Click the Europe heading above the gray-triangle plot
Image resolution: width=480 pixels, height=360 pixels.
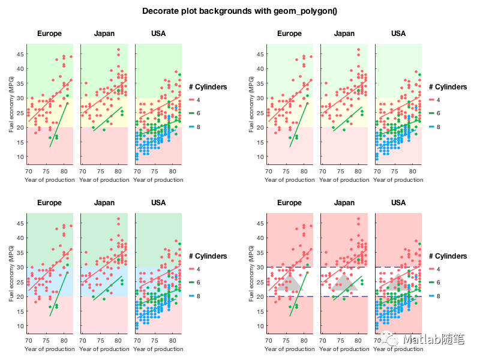pos(289,202)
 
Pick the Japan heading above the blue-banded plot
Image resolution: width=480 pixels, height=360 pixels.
pos(104,202)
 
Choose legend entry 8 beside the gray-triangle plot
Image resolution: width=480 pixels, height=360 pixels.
pos(439,296)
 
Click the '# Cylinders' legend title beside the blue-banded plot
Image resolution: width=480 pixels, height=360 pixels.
pos(208,256)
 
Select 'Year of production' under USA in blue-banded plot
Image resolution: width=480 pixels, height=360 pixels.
pos(158,349)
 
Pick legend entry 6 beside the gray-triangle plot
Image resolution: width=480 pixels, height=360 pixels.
pos(439,282)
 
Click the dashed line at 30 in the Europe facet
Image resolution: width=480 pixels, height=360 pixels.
pos(281,267)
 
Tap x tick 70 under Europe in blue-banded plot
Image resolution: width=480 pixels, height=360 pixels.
pos(28,340)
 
